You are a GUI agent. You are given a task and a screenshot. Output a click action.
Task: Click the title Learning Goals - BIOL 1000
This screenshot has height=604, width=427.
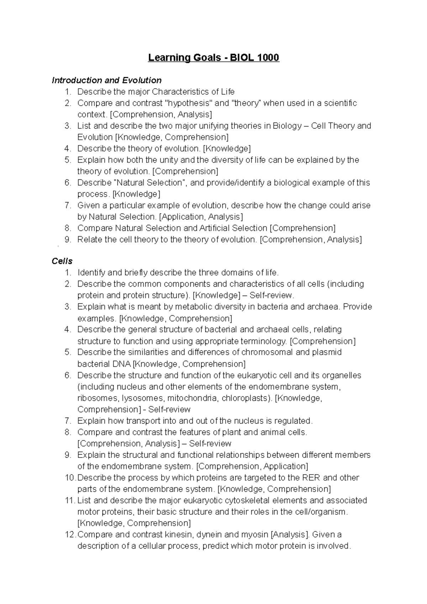213,57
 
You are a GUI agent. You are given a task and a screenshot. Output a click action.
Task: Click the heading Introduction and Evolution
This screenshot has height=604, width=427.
106,80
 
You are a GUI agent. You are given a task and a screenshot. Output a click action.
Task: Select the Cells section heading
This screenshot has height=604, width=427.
62,261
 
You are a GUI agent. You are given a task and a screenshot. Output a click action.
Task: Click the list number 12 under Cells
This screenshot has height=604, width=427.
70,535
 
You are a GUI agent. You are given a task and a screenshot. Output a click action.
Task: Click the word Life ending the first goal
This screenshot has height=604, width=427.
228,92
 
